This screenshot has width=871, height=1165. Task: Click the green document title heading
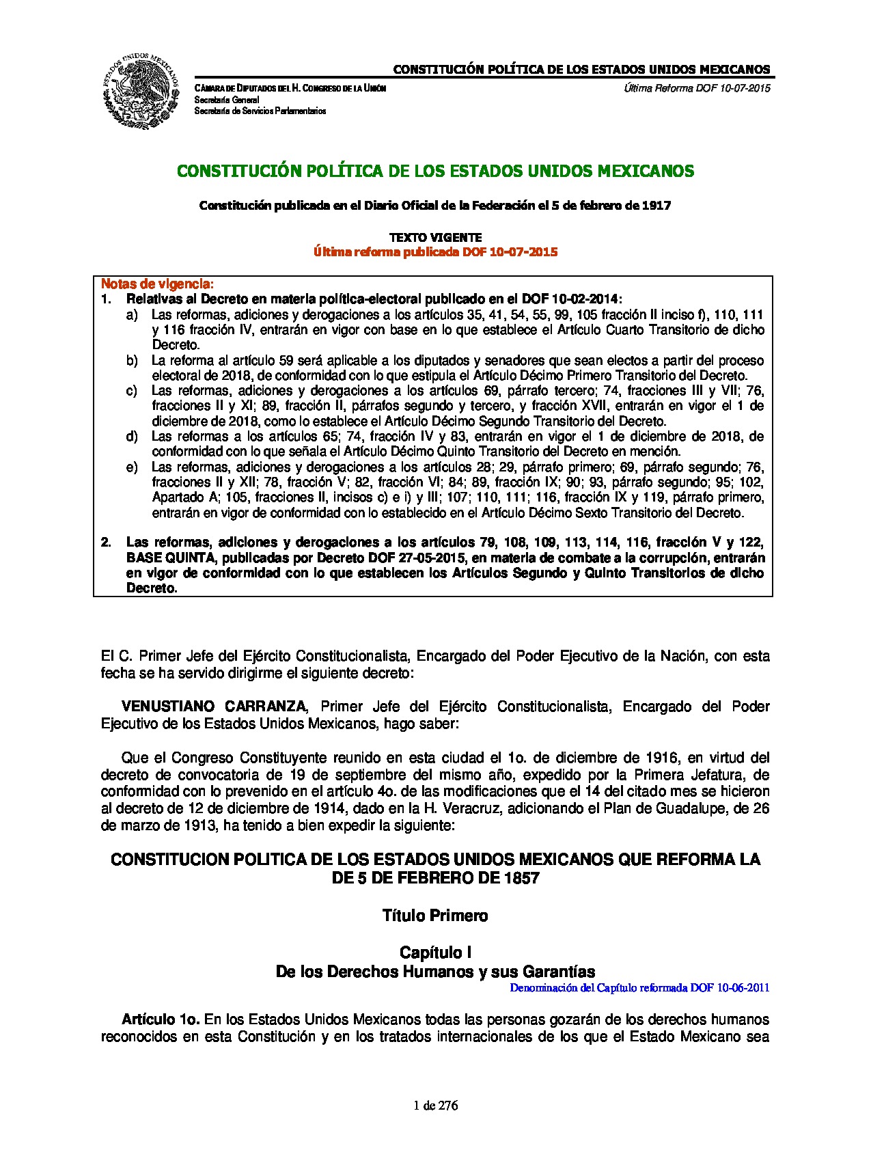click(435, 171)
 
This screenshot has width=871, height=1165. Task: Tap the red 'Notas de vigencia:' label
click(157, 284)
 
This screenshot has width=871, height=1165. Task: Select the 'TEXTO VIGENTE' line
click(435, 238)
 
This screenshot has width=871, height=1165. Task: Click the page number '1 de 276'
click(436, 1106)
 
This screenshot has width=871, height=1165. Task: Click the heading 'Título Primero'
click(435, 916)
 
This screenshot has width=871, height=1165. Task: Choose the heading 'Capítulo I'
click(435, 952)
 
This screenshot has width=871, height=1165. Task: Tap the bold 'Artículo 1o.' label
click(161, 1019)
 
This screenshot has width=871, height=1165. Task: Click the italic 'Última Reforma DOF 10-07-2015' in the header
click(697, 88)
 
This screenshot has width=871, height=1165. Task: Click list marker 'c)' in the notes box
click(131, 391)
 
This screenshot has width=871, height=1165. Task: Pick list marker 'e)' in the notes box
click(131, 467)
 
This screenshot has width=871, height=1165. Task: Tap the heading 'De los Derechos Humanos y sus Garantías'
click(435, 972)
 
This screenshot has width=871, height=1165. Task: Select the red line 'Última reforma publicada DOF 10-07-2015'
click(435, 252)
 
